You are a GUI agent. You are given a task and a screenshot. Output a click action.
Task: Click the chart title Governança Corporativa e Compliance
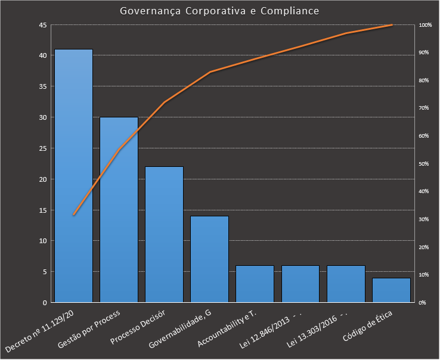tap(219, 11)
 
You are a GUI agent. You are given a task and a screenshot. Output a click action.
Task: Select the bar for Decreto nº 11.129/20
tap(73, 176)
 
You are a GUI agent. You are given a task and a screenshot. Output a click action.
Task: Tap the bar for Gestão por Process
tap(119, 210)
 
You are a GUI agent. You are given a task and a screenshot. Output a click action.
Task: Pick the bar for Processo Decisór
tap(164, 234)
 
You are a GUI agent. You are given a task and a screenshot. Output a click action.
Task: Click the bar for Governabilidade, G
tap(209, 259)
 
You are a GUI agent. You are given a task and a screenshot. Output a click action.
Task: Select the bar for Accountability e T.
tap(255, 284)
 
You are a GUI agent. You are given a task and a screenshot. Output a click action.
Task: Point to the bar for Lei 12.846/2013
tap(300, 284)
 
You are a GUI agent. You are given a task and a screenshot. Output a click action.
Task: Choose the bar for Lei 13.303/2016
tap(346, 284)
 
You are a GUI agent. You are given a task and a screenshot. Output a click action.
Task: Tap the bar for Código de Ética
tap(391, 290)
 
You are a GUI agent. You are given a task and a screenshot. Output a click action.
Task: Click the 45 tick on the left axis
tap(42, 25)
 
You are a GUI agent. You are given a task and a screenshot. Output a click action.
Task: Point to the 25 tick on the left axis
tap(42, 148)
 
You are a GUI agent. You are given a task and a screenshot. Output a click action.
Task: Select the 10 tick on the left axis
tap(42, 241)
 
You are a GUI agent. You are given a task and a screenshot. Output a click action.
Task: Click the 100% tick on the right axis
tap(425, 25)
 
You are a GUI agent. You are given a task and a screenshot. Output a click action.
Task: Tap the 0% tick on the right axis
tap(423, 303)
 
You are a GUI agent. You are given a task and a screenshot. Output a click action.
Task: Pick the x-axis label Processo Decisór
tap(142, 327)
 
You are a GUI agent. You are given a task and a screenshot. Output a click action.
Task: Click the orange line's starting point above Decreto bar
tap(73, 215)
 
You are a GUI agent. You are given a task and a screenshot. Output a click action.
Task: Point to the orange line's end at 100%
tap(392, 25)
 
